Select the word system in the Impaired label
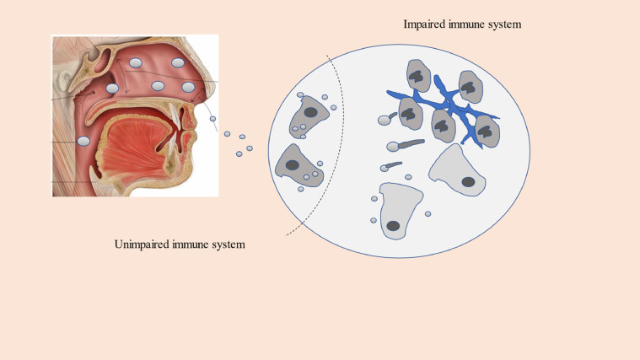pos(503,24)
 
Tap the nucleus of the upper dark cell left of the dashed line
pos(311,112)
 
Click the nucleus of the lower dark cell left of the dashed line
pos(293,164)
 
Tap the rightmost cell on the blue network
pos(487,132)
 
